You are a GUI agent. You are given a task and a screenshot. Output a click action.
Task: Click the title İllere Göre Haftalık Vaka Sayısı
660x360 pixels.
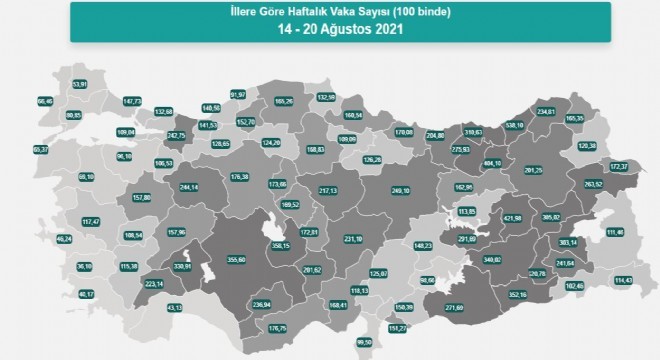[329, 11]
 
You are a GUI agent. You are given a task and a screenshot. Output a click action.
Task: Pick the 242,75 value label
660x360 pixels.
[178, 134]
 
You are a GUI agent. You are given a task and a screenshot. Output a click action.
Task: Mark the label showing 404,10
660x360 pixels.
[491, 162]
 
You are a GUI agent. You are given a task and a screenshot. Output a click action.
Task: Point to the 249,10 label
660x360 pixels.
[402, 191]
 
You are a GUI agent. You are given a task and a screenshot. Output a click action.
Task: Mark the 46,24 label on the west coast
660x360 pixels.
[37, 239]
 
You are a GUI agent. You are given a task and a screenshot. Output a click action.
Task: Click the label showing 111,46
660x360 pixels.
[613, 232]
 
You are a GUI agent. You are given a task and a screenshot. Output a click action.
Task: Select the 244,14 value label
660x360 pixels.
[189, 187]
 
